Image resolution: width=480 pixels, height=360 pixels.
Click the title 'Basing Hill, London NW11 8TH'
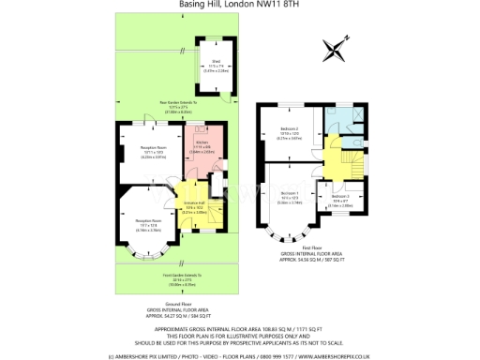[x=240, y=5]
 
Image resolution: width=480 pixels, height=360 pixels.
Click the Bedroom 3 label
[x=341, y=200]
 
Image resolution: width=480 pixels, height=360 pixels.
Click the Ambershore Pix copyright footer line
[x=240, y=355]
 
